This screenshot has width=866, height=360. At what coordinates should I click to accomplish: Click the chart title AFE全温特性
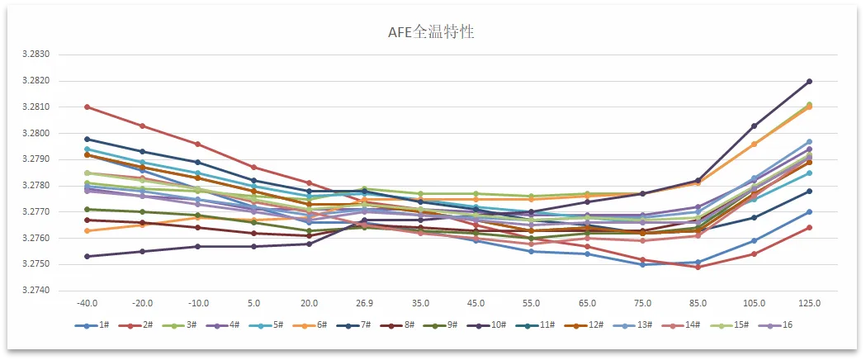point(432,32)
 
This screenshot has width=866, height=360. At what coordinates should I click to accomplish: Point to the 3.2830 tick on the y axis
point(37,54)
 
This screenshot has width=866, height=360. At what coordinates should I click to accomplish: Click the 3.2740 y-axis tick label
point(37,291)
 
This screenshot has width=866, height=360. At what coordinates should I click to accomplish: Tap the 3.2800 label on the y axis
point(37,134)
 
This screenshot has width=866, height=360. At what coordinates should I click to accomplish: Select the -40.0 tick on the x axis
point(87,305)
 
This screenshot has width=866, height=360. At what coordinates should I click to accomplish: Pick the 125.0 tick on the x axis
point(809,305)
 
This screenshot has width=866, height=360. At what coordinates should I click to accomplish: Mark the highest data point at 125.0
point(809,82)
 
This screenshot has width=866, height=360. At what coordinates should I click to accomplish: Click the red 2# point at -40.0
point(87,107)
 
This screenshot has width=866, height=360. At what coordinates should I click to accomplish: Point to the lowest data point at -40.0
point(87,257)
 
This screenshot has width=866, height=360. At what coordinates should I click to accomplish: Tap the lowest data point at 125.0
point(809,227)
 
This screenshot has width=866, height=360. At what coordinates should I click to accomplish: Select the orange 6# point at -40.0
point(87,230)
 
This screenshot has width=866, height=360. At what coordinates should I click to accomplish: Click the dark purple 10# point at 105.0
point(754,126)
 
